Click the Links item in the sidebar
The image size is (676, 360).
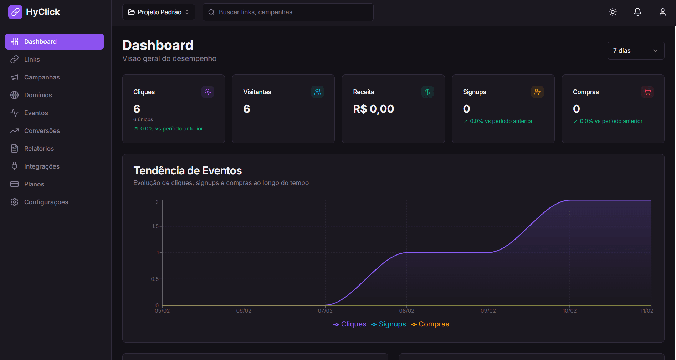click(x=32, y=60)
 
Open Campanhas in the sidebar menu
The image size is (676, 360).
click(x=42, y=77)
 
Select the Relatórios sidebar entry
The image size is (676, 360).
click(x=39, y=149)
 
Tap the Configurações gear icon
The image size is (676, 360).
click(x=14, y=202)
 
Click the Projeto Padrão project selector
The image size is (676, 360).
click(x=159, y=12)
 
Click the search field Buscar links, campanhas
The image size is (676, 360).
click(x=288, y=12)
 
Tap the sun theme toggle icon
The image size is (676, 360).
click(x=613, y=12)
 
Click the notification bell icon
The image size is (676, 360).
click(x=637, y=12)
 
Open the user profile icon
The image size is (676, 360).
click(x=662, y=12)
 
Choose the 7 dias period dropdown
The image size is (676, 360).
click(x=636, y=51)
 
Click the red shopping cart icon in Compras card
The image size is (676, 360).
click(x=647, y=92)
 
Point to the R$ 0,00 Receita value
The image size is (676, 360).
click(x=373, y=109)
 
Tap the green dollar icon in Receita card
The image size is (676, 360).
click(x=427, y=92)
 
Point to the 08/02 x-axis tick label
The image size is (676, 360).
click(x=406, y=311)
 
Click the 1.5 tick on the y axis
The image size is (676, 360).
click(x=155, y=226)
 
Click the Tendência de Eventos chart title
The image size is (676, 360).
click(x=188, y=171)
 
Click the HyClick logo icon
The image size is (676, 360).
click(x=15, y=12)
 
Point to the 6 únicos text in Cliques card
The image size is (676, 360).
click(x=143, y=119)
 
